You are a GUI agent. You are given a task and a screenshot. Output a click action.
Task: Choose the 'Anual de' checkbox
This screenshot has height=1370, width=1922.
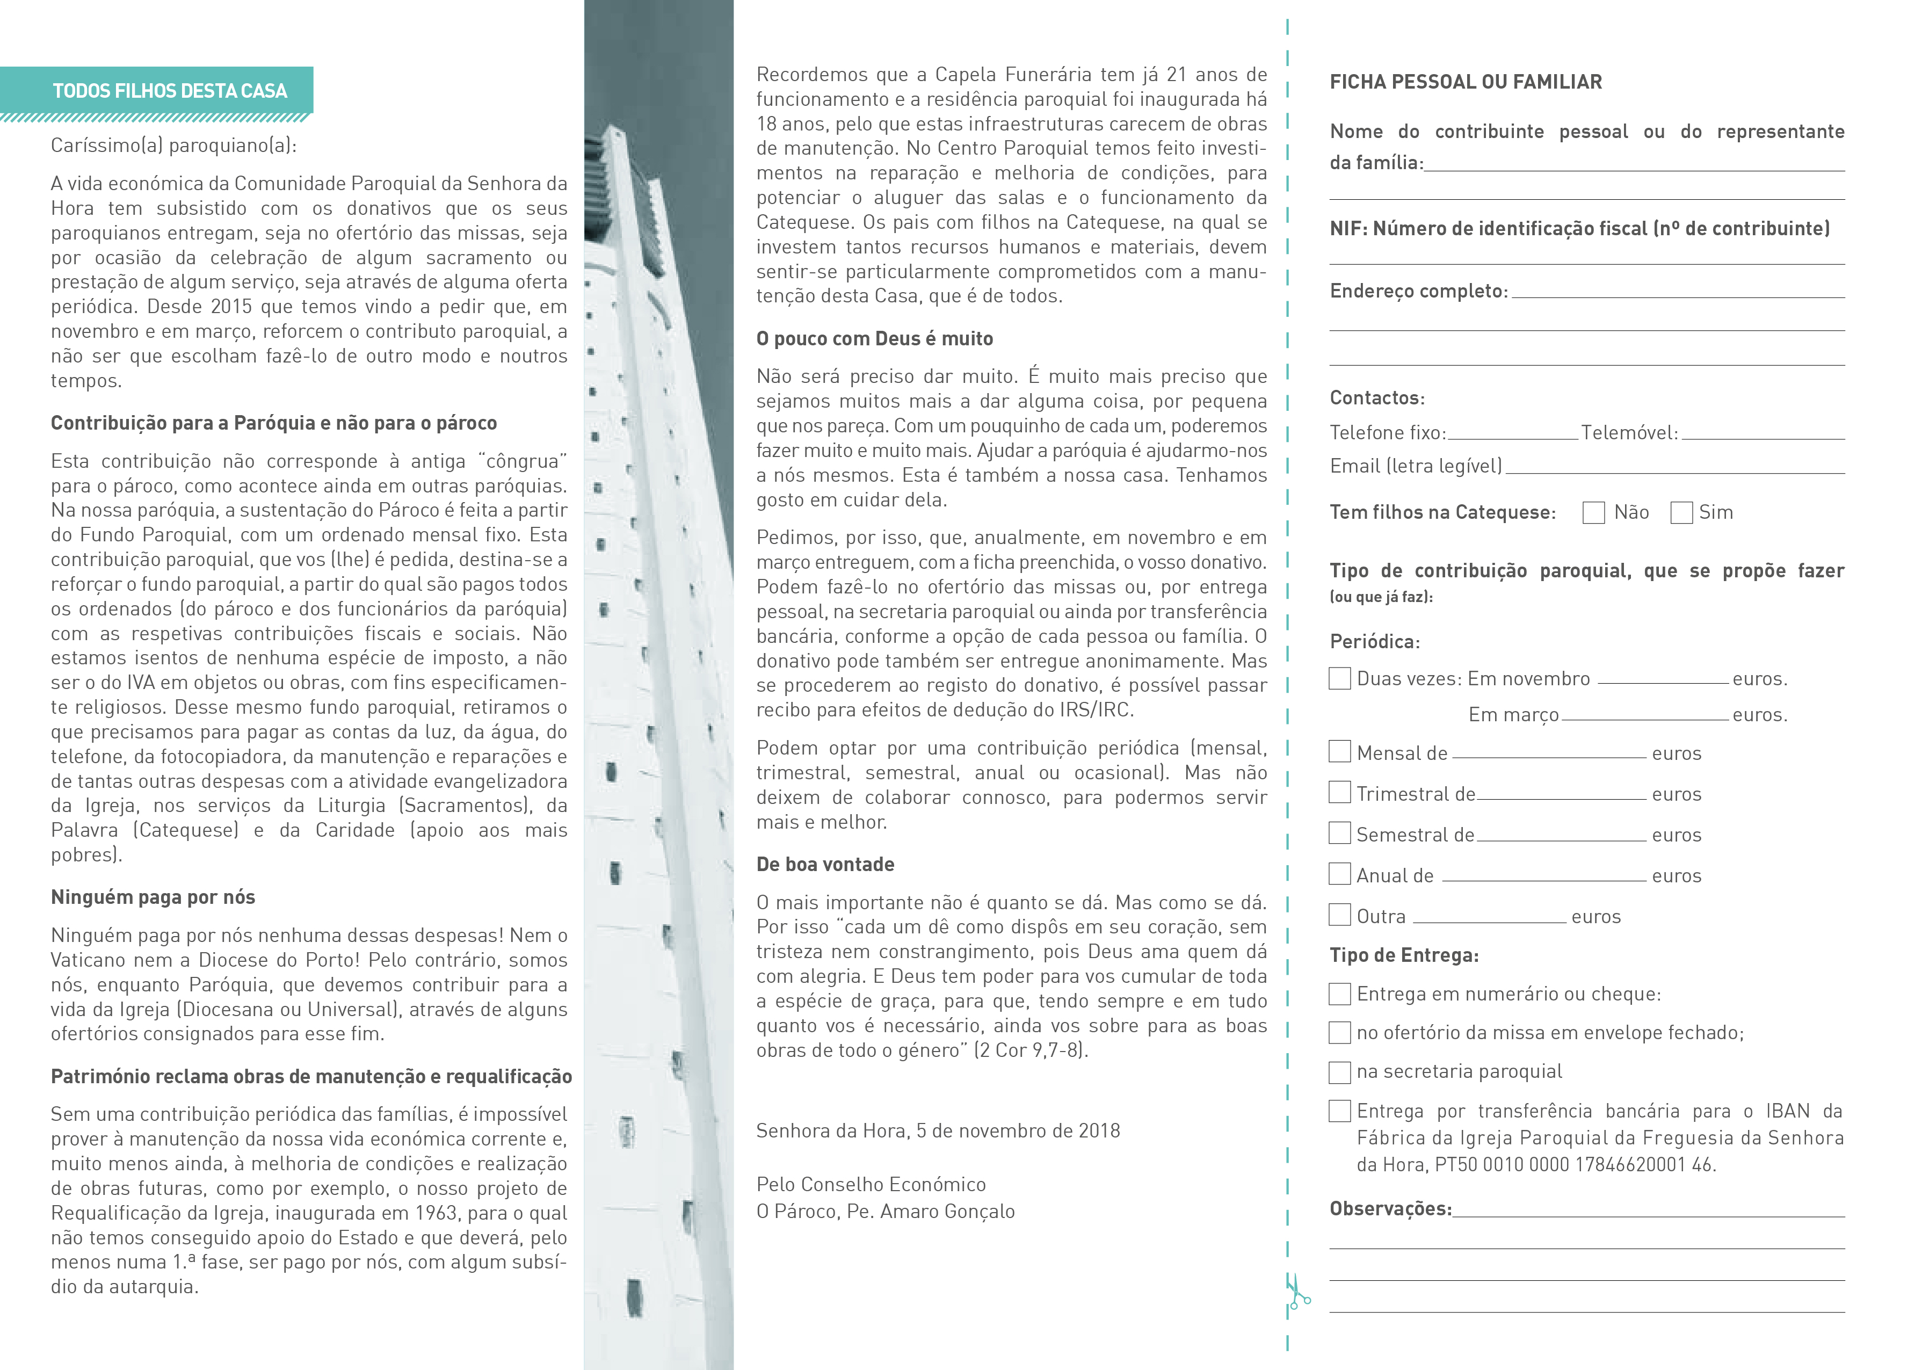tap(1339, 874)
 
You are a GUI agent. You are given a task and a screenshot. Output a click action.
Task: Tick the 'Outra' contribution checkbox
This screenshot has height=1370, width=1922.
tap(1339, 915)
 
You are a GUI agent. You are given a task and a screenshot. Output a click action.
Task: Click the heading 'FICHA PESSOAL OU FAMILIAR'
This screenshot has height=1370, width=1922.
tap(1466, 82)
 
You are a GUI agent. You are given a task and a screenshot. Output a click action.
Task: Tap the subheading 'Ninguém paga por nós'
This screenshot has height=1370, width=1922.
tap(153, 897)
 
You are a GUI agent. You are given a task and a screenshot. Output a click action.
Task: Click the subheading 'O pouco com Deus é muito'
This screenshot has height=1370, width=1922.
tap(875, 338)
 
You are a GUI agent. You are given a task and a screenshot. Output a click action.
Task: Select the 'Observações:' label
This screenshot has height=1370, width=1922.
tap(1390, 1209)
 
